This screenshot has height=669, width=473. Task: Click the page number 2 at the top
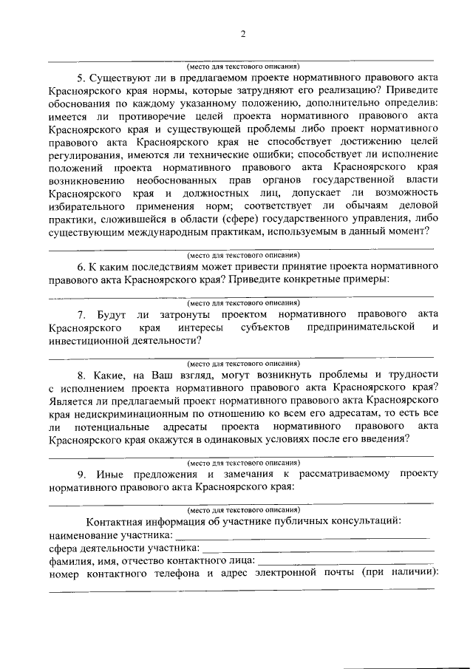point(242,33)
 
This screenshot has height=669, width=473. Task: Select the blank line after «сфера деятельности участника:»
point(318,551)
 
